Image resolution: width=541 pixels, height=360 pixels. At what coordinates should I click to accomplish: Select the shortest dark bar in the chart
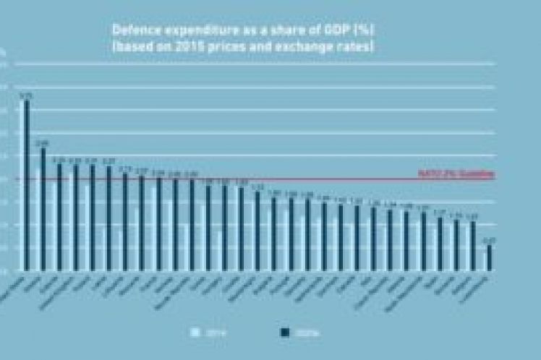(x=490, y=258)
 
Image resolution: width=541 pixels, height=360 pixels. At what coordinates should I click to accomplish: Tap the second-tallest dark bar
(x=43, y=210)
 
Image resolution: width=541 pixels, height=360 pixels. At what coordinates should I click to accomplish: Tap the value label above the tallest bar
(x=27, y=95)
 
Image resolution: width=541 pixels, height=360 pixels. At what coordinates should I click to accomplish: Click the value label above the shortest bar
(x=490, y=241)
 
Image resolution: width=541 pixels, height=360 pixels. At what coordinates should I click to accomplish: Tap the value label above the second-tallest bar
(x=43, y=142)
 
